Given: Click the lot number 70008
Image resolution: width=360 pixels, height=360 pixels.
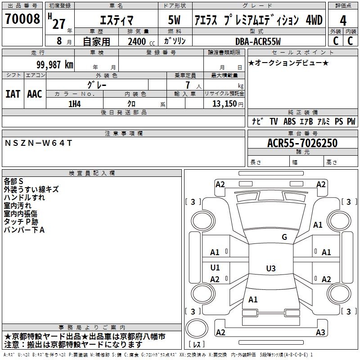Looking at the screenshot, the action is (22, 19).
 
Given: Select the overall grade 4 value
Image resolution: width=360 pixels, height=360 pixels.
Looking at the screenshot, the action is (343, 21).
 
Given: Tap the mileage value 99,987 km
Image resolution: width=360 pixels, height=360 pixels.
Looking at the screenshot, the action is (55, 65).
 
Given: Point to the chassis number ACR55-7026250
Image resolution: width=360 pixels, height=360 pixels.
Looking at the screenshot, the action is (302, 143).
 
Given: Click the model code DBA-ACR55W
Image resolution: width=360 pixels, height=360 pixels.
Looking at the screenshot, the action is (258, 41).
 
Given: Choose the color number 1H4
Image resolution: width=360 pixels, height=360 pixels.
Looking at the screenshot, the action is (75, 104).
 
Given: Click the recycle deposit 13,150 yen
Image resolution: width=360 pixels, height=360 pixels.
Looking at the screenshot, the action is (228, 104).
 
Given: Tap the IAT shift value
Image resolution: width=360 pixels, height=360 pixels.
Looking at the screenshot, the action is (13, 94).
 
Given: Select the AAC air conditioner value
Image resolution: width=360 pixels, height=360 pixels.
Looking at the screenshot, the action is (35, 94).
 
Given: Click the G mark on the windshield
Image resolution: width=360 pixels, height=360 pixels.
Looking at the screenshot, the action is (284, 237).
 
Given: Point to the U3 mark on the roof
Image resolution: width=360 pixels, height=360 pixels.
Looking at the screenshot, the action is (271, 268).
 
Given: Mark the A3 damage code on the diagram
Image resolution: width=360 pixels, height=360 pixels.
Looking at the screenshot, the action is (320, 332).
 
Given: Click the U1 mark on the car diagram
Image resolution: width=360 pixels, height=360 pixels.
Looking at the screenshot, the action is (215, 267).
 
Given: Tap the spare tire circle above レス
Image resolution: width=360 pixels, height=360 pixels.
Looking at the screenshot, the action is (197, 328).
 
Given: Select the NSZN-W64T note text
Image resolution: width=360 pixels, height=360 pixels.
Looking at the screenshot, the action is (38, 143).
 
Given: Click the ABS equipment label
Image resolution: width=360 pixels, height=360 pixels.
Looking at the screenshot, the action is (289, 121).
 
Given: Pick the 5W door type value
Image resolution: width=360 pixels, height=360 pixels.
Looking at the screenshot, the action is (174, 20).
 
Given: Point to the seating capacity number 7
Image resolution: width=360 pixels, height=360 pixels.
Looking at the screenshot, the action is (188, 85).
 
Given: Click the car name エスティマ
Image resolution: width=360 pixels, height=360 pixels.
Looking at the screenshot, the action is (117, 20).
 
